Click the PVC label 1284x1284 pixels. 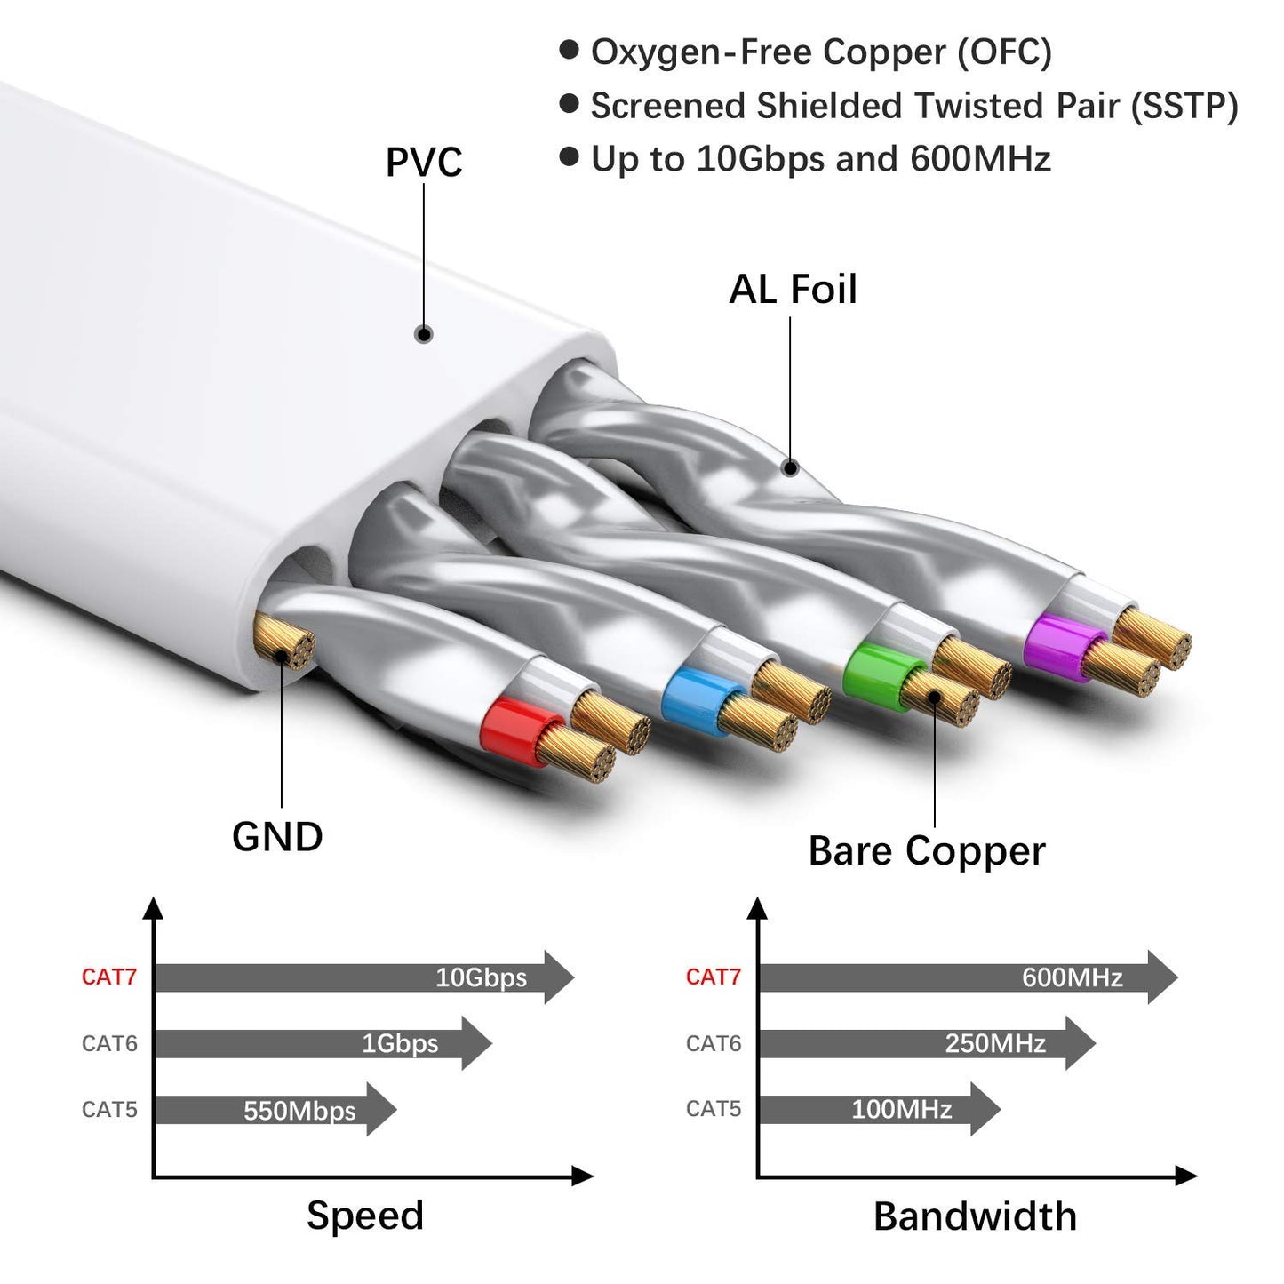tap(424, 163)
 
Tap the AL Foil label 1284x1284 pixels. tap(793, 290)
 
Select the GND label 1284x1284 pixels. tap(277, 837)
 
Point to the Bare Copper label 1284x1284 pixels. tap(927, 851)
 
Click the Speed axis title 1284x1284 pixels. tap(365, 1216)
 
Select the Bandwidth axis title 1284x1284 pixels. tap(975, 1216)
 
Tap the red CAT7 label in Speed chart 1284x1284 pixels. tap(109, 977)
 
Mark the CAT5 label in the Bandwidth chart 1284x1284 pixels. tap(713, 1109)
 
